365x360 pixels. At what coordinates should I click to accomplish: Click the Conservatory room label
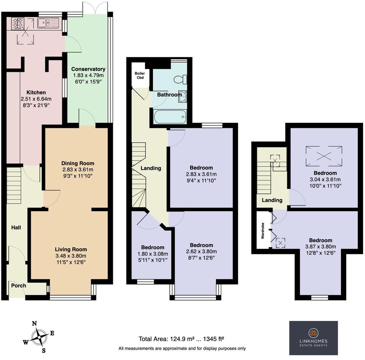(x=88, y=69)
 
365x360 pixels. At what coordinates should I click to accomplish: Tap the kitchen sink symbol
(x=48, y=23)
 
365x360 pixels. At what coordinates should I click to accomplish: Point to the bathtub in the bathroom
(x=170, y=116)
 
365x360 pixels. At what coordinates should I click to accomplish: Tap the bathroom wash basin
(x=182, y=95)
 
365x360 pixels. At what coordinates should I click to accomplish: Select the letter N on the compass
(x=34, y=324)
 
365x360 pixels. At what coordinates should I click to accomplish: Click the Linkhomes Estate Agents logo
(x=313, y=338)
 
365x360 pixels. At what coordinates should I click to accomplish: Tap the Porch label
(x=19, y=286)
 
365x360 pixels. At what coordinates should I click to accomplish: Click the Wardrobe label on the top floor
(x=263, y=232)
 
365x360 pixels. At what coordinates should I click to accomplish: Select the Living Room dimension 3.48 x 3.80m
(x=71, y=256)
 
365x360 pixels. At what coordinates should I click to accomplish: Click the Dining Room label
(x=78, y=163)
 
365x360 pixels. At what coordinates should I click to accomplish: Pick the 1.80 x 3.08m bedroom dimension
(x=153, y=254)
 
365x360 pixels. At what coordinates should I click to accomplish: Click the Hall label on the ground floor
(x=16, y=227)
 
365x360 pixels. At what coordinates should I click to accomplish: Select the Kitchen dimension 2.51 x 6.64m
(x=36, y=99)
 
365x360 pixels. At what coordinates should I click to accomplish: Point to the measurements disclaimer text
(x=182, y=349)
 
